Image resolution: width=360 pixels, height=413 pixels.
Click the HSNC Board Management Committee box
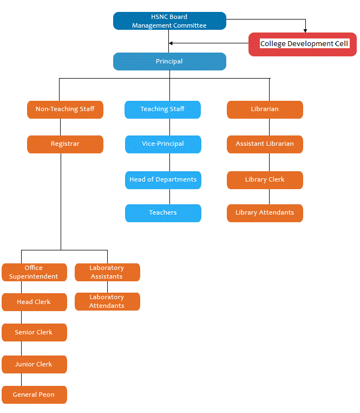click(x=169, y=21)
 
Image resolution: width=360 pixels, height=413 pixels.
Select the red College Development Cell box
click(x=303, y=44)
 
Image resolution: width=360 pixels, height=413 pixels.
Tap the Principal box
click(x=169, y=61)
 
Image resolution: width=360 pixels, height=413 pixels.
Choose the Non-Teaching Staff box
click(x=65, y=109)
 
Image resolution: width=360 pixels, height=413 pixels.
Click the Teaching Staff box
click(x=162, y=109)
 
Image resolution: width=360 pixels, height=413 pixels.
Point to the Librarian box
click(x=265, y=109)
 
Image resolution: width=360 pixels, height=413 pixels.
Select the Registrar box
click(x=65, y=144)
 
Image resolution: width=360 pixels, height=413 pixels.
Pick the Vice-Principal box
click(x=163, y=144)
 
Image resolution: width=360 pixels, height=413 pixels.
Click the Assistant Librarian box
click(x=265, y=144)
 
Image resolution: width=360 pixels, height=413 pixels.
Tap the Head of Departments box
click(x=163, y=180)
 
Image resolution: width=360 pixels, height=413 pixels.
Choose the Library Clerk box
click(x=265, y=180)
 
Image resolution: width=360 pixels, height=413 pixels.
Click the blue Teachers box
click(x=163, y=213)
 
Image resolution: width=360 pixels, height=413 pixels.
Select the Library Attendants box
click(x=265, y=213)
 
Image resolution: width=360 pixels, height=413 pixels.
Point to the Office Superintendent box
click(x=34, y=272)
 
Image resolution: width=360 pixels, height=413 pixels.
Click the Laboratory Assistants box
click(x=107, y=272)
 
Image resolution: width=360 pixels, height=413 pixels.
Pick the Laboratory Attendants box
click(x=107, y=301)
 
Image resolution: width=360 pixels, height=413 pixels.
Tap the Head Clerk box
click(x=34, y=302)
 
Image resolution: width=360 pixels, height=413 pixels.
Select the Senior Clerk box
click(x=34, y=332)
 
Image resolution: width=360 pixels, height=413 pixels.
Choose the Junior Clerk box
click(x=34, y=364)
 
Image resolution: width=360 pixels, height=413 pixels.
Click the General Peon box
click(x=34, y=395)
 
